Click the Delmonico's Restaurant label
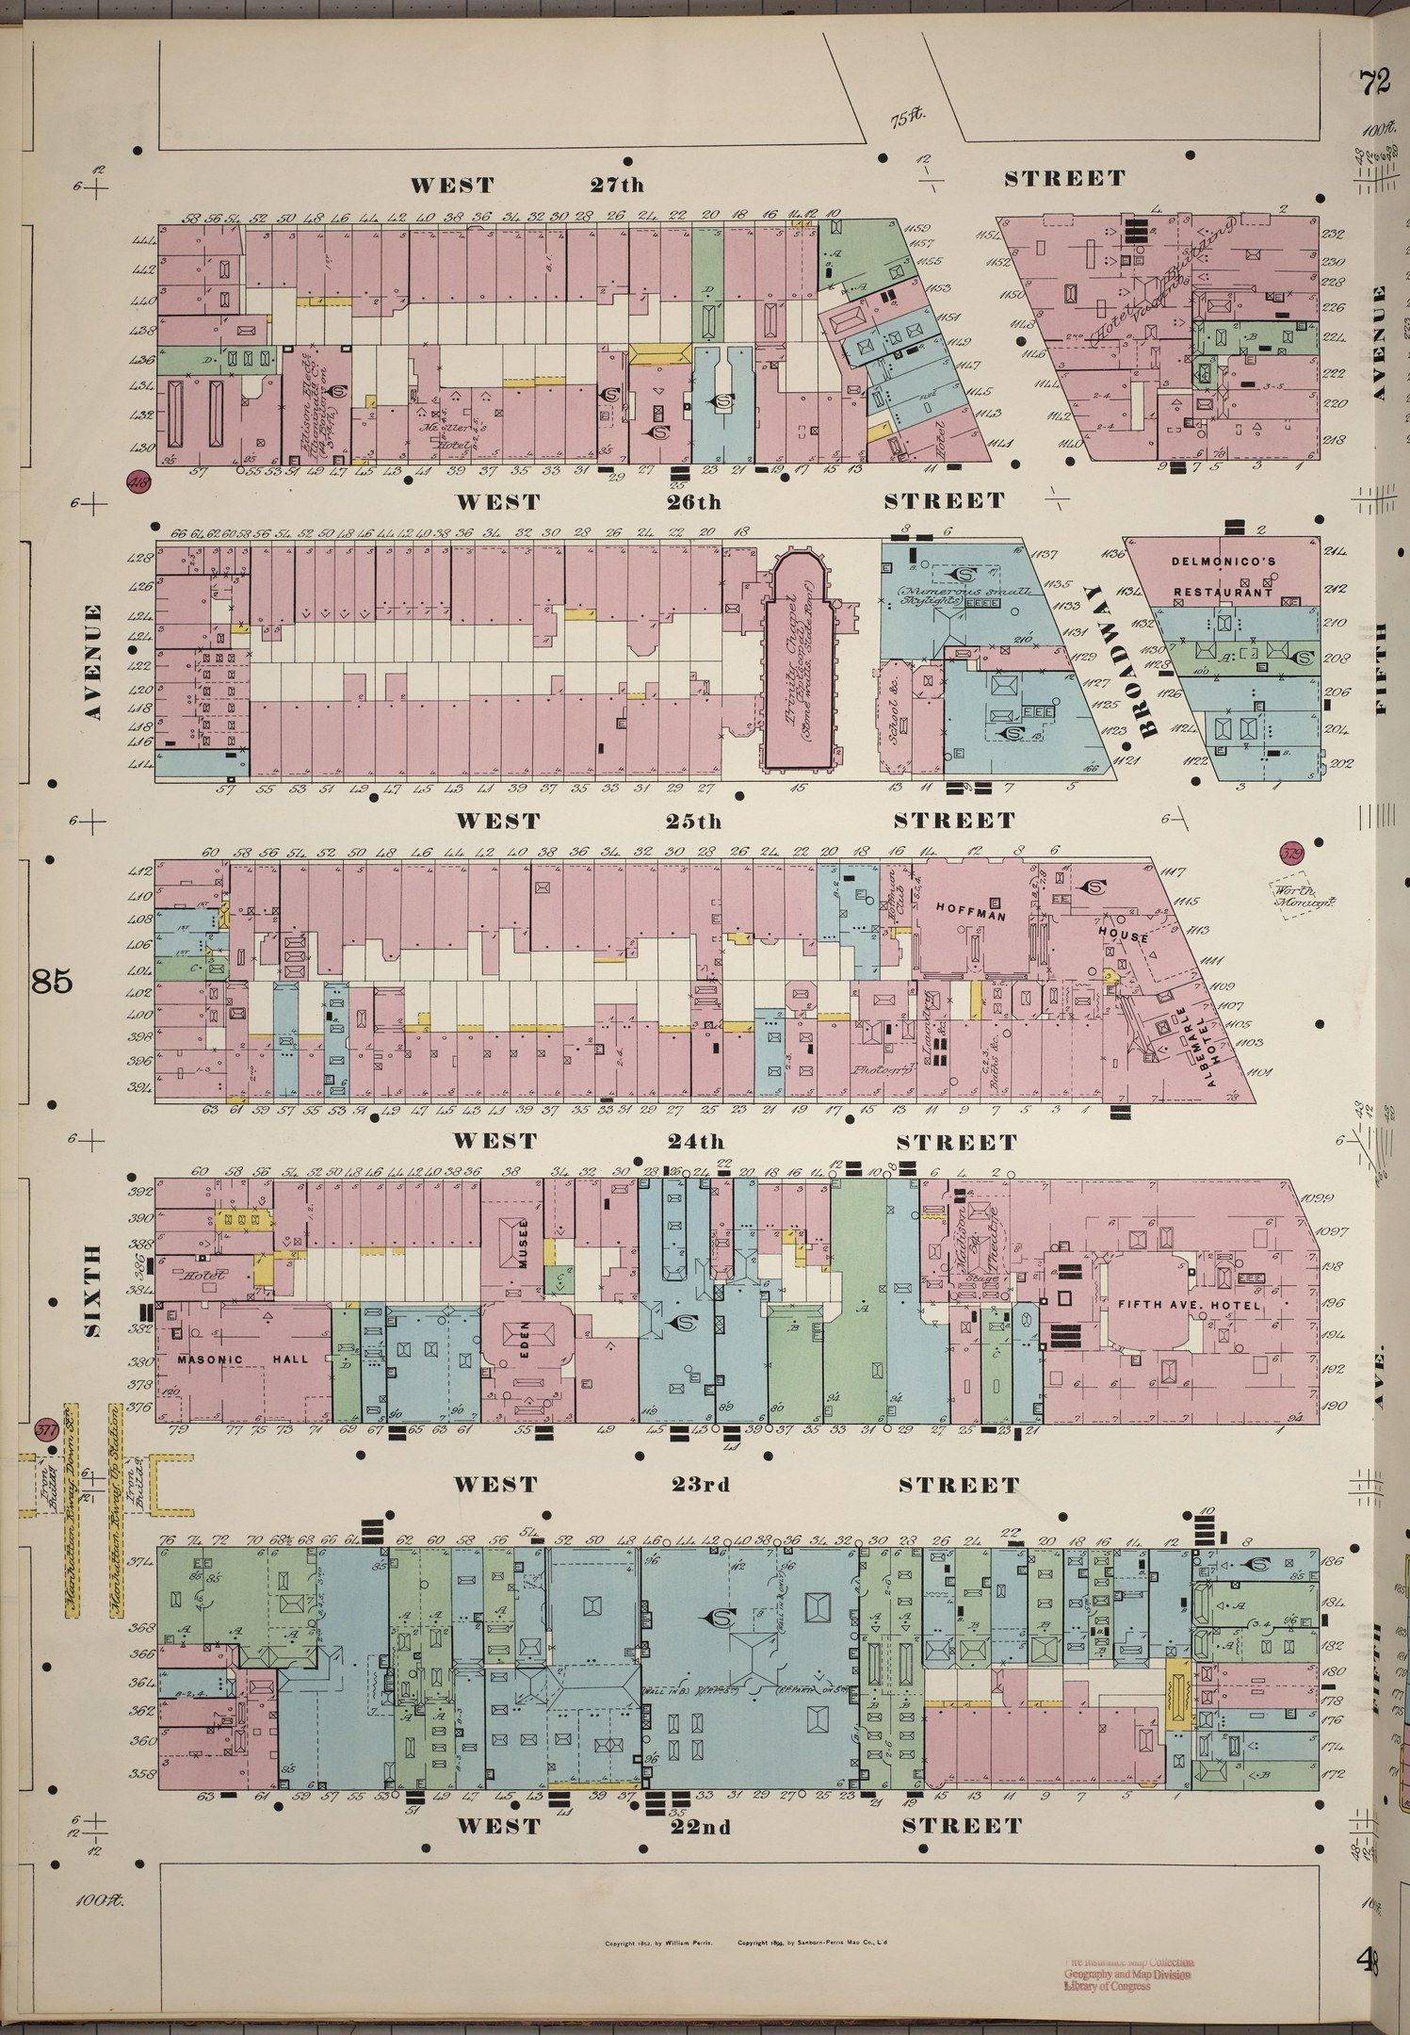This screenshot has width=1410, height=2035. [1223, 577]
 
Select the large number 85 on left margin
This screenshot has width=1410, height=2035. [51, 982]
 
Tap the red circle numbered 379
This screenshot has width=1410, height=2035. [1290, 854]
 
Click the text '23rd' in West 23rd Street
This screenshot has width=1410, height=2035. [701, 1486]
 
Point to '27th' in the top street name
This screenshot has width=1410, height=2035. [616, 185]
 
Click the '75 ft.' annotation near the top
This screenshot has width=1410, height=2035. [909, 117]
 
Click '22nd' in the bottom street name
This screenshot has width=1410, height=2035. [701, 1827]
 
